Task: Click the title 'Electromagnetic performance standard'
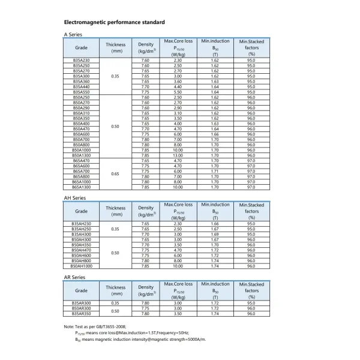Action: coord(114,22)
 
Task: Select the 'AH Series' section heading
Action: coord(75,197)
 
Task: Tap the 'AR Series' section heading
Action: coord(74,277)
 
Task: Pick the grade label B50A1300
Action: coord(81,155)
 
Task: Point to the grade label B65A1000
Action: coord(81,181)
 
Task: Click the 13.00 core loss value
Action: coord(178,155)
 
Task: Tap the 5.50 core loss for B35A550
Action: coord(178,92)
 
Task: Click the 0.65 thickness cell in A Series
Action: coord(116,173)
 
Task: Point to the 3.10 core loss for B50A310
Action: coord(178,113)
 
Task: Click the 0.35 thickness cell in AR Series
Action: coord(116,303)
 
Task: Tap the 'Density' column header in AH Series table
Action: coord(146,211)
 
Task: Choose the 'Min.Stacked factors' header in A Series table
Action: coord(251,47)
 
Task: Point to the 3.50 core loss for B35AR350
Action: coord(178,313)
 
